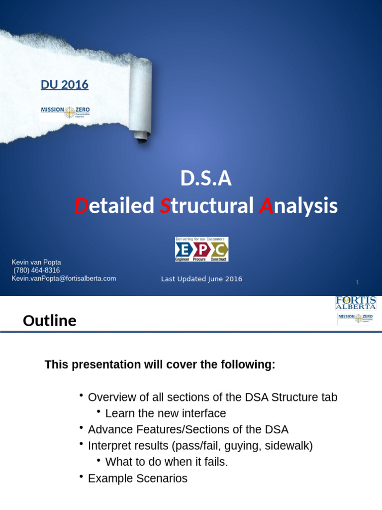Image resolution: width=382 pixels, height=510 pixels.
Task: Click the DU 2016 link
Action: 64,85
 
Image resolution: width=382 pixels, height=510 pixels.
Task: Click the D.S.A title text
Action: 205,179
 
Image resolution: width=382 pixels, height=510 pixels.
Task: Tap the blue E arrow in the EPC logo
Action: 184,249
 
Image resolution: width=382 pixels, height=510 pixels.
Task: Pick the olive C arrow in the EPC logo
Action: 219,249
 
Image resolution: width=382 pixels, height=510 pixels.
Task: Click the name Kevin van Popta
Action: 36,262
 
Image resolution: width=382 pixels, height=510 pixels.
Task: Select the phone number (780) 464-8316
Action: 36,270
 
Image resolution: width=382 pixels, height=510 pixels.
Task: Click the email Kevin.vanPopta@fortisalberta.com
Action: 64,278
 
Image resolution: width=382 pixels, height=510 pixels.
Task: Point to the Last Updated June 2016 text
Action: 201,279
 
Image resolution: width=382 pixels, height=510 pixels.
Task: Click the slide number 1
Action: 357,282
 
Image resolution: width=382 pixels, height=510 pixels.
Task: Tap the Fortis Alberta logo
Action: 356,303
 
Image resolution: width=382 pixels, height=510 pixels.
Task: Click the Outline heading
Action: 50,321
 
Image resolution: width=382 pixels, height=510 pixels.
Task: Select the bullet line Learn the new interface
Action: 165,413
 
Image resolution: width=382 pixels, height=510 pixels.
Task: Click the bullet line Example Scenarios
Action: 137,479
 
